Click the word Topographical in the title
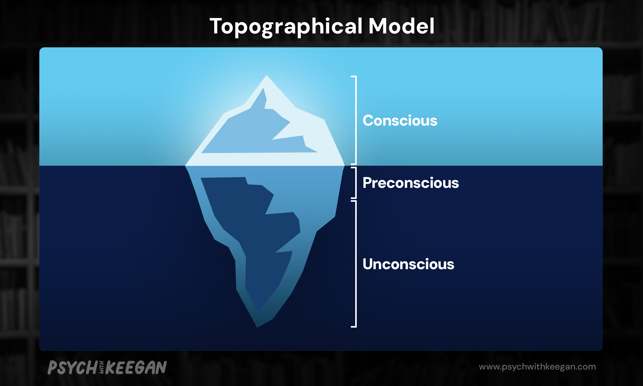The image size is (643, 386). click(286, 27)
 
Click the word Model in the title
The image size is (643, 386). click(401, 26)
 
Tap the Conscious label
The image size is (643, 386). click(400, 121)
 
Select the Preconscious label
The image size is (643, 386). click(411, 183)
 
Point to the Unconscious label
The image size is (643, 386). click(408, 264)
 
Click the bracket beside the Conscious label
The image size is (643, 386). click(355, 120)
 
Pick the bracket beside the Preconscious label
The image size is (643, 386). click(355, 183)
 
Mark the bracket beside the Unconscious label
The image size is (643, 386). click(355, 264)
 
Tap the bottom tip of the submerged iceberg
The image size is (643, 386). click(257, 327)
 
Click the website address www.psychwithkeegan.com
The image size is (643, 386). click(537, 367)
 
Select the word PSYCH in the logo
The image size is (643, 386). click(72, 367)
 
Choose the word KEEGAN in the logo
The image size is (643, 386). click(136, 367)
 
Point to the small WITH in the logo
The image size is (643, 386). click(101, 367)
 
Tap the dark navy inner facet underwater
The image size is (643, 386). click(249, 234)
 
